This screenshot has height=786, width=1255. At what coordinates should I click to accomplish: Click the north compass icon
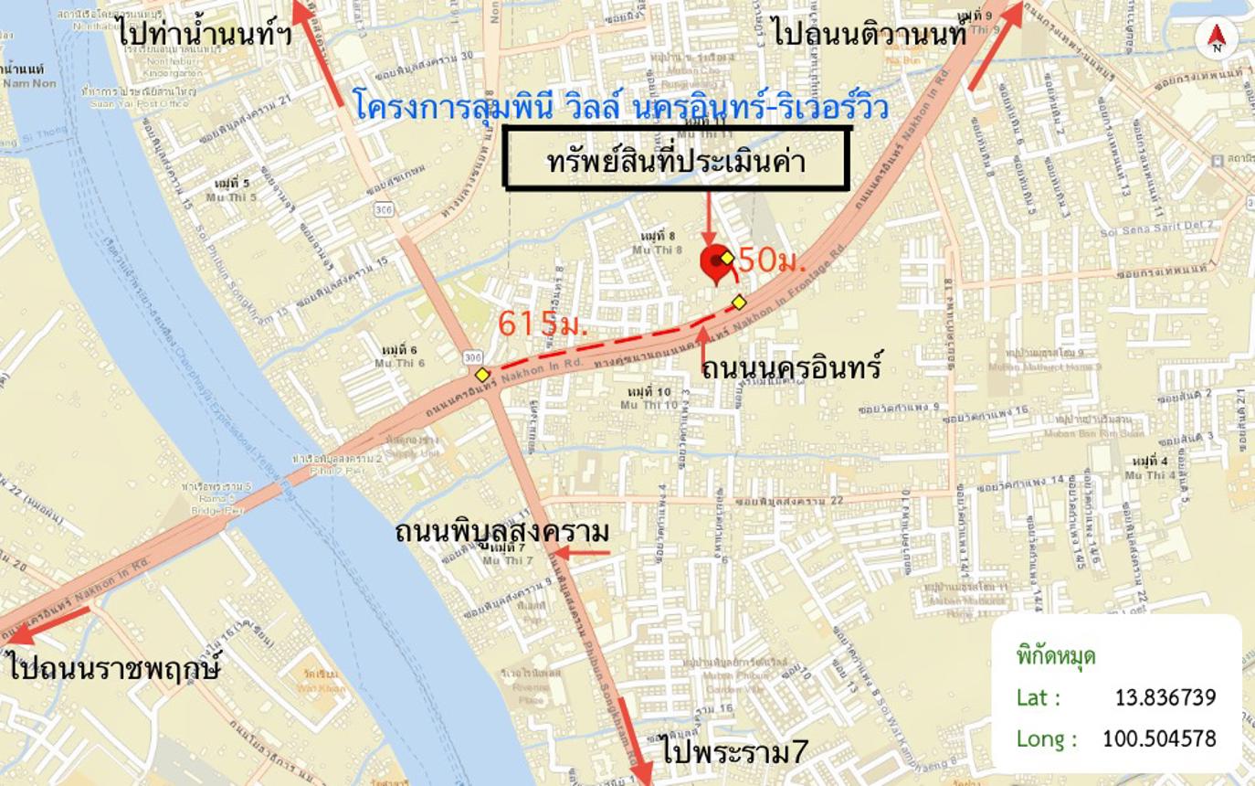coord(1216,38)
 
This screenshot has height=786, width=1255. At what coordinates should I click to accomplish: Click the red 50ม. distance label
coord(772,261)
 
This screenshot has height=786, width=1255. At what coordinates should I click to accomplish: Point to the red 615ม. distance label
coord(542,324)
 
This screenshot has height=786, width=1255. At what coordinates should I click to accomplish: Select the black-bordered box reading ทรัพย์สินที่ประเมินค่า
coord(677,160)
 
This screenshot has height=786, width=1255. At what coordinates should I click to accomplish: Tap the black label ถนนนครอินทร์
coord(791,367)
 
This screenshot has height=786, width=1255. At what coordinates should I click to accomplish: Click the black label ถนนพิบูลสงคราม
coord(501,531)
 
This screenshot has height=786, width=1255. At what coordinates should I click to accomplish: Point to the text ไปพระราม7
coord(736,753)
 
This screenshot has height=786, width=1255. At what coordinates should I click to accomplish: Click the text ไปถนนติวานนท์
coord(869,35)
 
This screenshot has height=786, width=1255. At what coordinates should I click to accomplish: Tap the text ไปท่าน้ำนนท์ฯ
coord(205,34)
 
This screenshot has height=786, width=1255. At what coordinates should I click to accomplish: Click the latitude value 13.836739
coord(1165,697)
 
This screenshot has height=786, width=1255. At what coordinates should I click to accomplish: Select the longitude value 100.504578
coord(1158,738)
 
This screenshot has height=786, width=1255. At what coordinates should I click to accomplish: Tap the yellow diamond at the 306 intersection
coord(482,375)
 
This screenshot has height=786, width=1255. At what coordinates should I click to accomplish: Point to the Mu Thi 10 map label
coord(649,404)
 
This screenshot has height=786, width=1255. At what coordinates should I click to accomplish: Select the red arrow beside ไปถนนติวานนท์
coord(995,47)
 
